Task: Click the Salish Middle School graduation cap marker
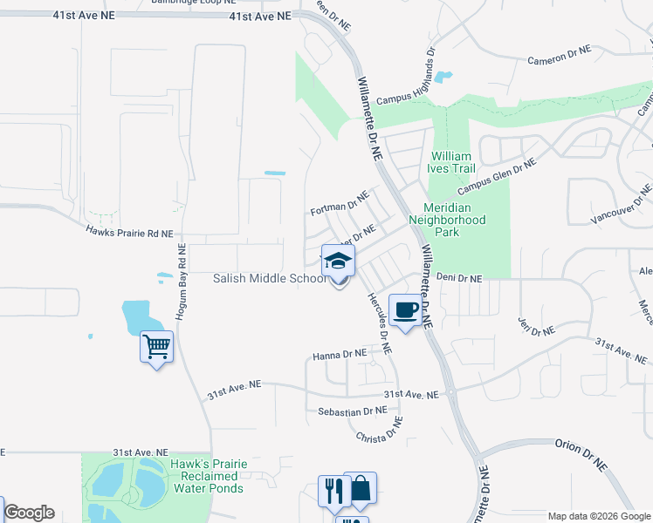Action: [339, 261]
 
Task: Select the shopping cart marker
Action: [157, 348]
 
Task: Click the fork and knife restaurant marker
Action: [333, 491]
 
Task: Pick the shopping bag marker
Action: [360, 488]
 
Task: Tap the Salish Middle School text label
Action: [270, 278]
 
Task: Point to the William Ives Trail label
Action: [451, 163]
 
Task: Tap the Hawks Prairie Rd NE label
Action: [129, 233]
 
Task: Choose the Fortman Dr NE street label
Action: [340, 206]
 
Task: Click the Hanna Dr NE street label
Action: [340, 355]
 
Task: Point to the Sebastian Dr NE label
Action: [352, 411]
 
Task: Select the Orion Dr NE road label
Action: [581, 455]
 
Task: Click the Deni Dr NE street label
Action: [459, 278]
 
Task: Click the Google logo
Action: [29, 513]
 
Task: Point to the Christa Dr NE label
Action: [379, 430]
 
